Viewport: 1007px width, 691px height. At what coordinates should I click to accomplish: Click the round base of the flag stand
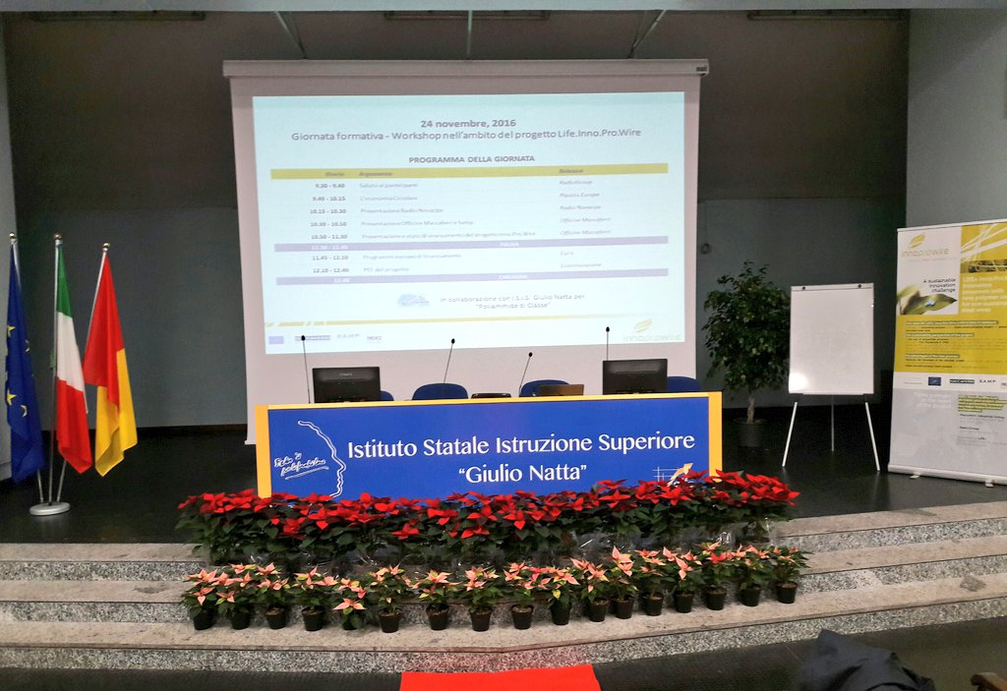click(x=49, y=507)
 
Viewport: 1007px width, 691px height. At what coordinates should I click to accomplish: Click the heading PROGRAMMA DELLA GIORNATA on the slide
click(x=471, y=158)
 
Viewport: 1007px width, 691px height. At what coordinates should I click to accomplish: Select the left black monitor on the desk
click(x=345, y=383)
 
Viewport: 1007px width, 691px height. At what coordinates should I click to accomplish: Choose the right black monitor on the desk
click(x=634, y=375)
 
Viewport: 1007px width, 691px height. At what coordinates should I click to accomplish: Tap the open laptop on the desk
click(x=561, y=389)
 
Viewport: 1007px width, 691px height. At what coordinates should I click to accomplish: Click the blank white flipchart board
click(x=831, y=339)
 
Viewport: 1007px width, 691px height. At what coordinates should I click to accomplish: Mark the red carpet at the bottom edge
click(x=499, y=678)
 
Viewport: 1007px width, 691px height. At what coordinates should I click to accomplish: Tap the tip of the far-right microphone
click(x=607, y=329)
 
